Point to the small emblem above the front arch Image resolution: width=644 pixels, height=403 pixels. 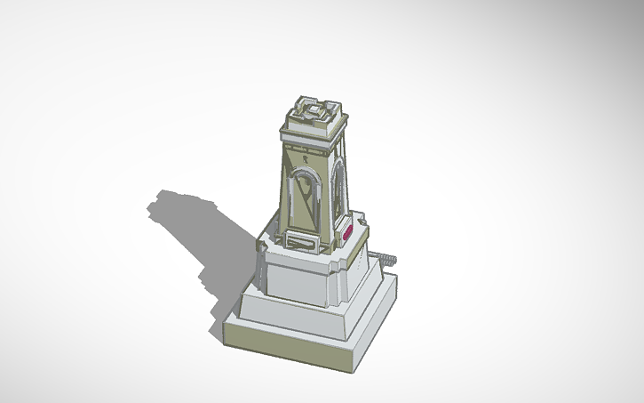coord(305,157)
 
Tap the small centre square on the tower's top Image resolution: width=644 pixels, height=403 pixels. coord(314,109)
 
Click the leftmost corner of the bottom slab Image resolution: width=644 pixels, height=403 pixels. coord(222,323)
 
